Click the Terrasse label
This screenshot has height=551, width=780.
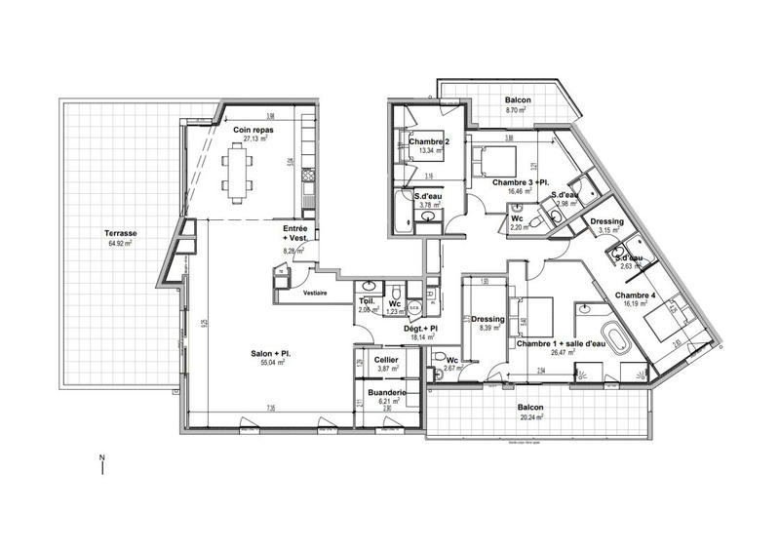point(122,234)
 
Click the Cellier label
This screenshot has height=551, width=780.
point(390,359)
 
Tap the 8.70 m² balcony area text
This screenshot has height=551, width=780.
point(517,112)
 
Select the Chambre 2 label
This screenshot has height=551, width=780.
point(428,142)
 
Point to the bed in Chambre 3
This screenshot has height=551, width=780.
point(492,158)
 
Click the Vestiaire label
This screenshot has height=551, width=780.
point(314,293)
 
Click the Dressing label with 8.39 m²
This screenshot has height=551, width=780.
point(487,320)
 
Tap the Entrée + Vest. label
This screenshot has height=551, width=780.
point(297,235)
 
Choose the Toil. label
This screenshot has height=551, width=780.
point(369,301)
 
